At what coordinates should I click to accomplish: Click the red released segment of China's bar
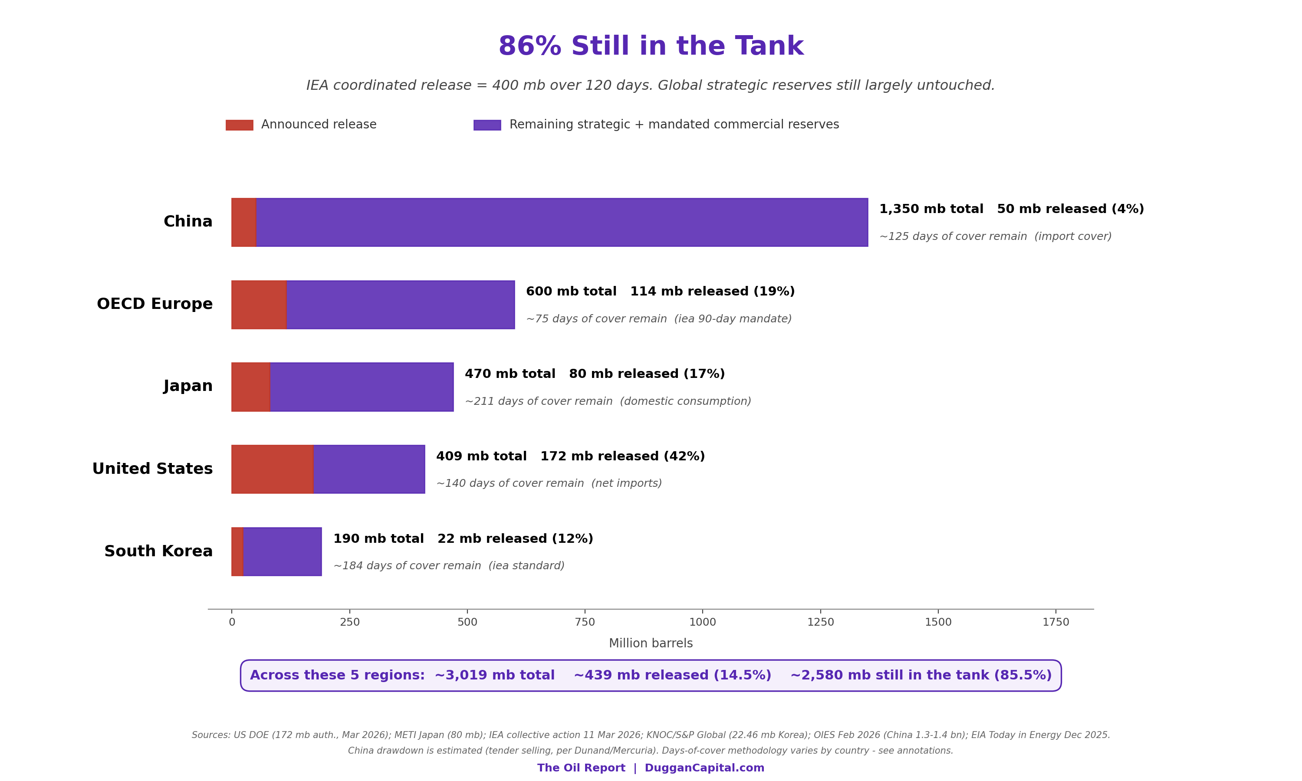point(243,222)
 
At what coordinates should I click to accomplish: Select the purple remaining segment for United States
point(369,469)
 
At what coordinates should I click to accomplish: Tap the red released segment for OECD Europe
point(259,305)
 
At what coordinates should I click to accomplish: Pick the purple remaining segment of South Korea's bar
point(282,551)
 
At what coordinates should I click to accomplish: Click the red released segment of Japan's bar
point(250,387)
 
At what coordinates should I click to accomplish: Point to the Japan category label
point(188,386)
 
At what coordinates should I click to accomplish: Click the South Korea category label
point(158,551)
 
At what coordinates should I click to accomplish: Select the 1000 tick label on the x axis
point(703,622)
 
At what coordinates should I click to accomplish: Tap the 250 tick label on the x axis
point(349,622)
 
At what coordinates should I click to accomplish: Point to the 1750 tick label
point(1055,622)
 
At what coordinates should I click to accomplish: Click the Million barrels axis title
point(651,643)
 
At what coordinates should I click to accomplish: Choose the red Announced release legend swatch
point(240,125)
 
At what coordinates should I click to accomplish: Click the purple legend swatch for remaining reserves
point(487,125)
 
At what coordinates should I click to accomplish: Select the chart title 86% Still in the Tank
point(651,46)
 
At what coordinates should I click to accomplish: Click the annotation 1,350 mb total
point(931,209)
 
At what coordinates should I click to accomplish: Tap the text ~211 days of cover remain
point(539,401)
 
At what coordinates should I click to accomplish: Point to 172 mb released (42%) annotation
point(623,456)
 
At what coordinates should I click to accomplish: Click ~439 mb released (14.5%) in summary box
point(672,675)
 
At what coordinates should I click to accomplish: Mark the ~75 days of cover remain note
point(596,319)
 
